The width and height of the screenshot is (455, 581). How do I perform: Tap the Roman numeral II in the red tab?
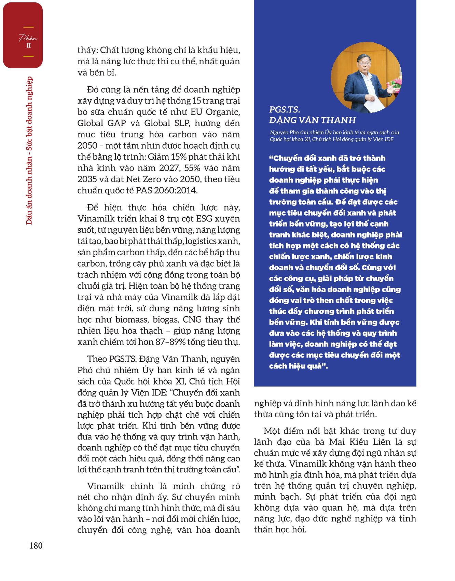click(29, 45)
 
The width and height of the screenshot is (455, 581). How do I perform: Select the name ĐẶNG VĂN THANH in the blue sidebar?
click(313, 120)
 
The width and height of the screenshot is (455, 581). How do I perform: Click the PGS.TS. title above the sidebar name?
click(284, 110)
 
